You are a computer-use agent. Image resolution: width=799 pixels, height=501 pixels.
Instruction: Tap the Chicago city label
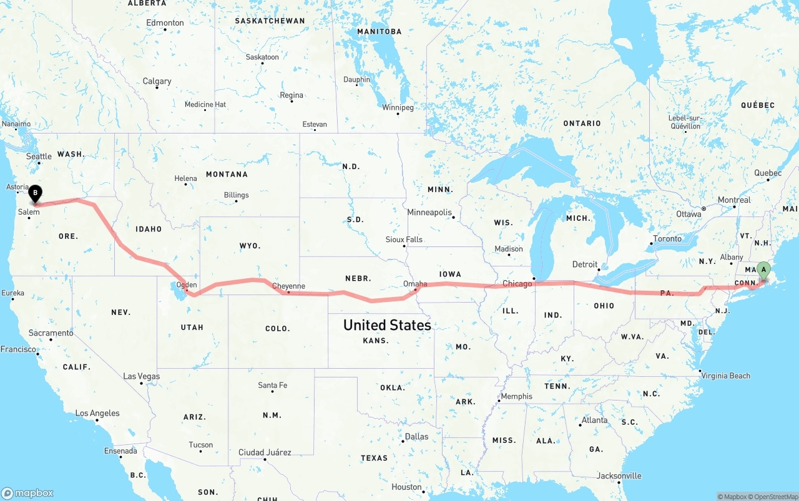point(517,284)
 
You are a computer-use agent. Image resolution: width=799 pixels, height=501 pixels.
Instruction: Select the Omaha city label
point(415,284)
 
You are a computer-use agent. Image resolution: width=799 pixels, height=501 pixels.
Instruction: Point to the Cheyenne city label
point(289,286)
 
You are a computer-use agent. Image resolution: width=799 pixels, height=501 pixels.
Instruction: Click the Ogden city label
point(187,285)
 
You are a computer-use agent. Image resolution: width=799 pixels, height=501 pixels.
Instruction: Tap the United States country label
point(387,325)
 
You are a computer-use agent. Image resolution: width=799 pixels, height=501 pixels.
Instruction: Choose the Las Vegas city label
point(141,376)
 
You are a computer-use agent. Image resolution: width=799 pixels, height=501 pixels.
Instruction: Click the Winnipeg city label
point(398,107)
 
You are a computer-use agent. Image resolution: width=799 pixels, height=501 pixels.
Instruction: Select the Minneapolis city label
point(429,213)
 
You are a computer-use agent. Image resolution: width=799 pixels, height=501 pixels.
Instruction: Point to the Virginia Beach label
point(725,376)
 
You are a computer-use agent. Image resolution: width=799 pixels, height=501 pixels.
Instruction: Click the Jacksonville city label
point(619,475)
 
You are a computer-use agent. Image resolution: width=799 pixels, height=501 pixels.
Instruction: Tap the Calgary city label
point(157,81)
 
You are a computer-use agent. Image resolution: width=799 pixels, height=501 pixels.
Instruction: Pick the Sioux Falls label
point(404,240)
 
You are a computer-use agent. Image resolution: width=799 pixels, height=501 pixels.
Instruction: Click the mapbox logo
point(28,493)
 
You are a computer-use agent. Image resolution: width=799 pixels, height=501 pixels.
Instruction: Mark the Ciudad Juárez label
point(265,452)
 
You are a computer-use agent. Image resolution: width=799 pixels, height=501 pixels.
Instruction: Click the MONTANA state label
point(227,174)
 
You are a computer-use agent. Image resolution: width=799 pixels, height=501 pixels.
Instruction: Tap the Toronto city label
point(667,239)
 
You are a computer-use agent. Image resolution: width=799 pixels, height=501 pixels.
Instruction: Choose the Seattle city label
point(39,157)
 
